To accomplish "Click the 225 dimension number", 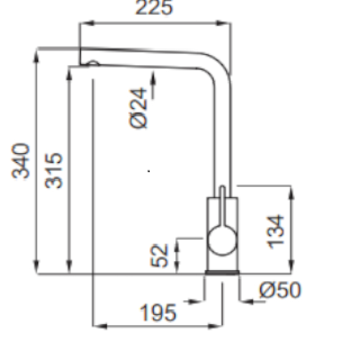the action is [154, 7].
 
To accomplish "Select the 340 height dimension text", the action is [20, 161].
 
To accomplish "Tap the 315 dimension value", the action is [53, 170].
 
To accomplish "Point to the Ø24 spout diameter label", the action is [138, 108].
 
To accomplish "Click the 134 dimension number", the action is [275, 232].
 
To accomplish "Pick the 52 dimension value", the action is [159, 256].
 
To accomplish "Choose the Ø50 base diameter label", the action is [280, 290].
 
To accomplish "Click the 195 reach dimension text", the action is [158, 313].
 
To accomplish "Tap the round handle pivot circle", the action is [222, 240].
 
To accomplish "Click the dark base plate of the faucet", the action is [222, 272].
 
